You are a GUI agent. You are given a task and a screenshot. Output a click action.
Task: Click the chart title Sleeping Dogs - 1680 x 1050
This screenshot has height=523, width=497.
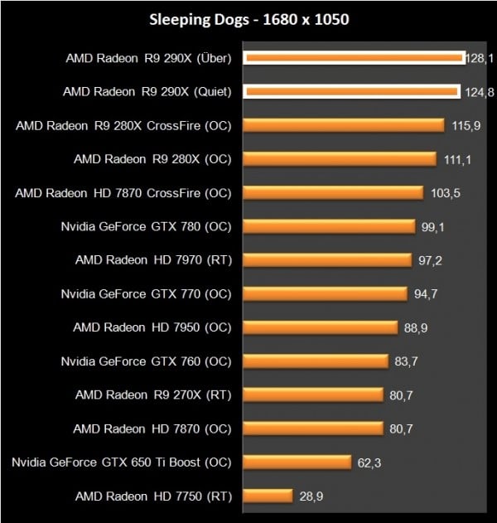click(249, 18)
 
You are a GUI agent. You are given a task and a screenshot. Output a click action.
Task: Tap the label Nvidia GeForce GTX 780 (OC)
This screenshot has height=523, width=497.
click(147, 226)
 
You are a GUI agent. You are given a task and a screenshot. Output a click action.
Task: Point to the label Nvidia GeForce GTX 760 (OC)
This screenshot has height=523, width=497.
click(147, 361)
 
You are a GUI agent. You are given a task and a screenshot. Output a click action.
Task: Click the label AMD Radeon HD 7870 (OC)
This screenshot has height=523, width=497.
click(152, 429)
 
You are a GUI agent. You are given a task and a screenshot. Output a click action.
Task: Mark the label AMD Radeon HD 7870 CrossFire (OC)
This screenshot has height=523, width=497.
click(123, 192)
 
